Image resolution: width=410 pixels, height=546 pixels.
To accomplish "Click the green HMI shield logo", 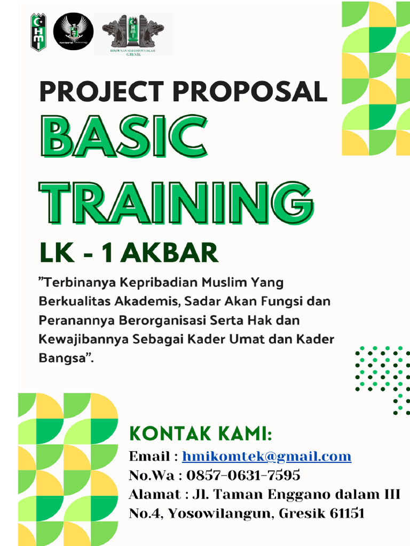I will [38, 32].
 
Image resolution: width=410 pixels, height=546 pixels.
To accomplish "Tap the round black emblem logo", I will [74, 31].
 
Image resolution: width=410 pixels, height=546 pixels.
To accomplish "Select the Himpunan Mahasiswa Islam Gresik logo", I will [133, 34].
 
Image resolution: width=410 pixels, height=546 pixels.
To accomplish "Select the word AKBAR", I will [169, 253].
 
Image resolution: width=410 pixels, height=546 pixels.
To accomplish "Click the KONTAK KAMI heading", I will [200, 434].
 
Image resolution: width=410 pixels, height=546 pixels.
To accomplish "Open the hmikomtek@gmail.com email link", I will [266, 456].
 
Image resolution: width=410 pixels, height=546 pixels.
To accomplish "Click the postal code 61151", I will [348, 513].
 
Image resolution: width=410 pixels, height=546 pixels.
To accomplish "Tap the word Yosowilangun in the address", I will [219, 514].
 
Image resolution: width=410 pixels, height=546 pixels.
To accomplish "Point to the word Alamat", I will [153, 494].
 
